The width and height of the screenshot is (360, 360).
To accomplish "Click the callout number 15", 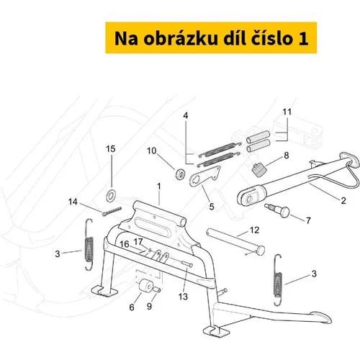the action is [x=111, y=149].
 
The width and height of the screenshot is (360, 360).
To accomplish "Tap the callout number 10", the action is [x=152, y=151].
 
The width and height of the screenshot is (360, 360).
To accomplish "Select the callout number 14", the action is [x=73, y=202].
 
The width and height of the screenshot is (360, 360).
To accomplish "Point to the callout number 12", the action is [x=255, y=230].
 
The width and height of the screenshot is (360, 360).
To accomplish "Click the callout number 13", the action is [x=183, y=297].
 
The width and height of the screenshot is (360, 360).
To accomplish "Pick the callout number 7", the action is [x=309, y=220].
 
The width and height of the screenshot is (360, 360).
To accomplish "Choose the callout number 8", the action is [x=287, y=156].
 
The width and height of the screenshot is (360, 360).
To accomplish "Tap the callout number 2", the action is [x=343, y=200].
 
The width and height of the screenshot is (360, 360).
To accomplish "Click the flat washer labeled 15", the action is [x=111, y=196].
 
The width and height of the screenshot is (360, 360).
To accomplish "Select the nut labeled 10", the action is [x=180, y=174].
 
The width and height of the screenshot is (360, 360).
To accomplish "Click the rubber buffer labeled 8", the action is [x=259, y=170].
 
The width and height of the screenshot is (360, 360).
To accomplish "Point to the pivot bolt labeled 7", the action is [x=278, y=210].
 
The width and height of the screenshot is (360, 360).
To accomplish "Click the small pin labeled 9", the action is [x=156, y=289].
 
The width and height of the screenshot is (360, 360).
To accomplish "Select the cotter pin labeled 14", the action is [x=112, y=212].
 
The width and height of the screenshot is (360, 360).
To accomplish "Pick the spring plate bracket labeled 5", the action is [x=204, y=176].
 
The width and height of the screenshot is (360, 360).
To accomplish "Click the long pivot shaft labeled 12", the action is [x=235, y=242].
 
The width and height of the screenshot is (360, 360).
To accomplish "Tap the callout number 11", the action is [x=287, y=112].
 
